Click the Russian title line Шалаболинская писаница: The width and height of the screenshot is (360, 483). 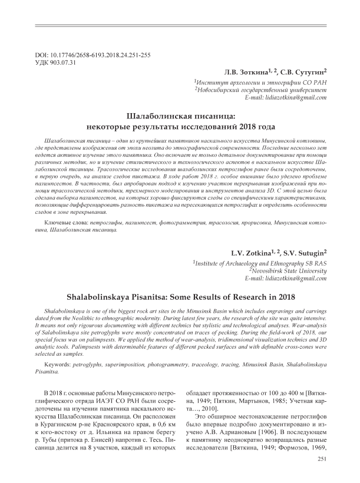(x=180, y=115)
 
